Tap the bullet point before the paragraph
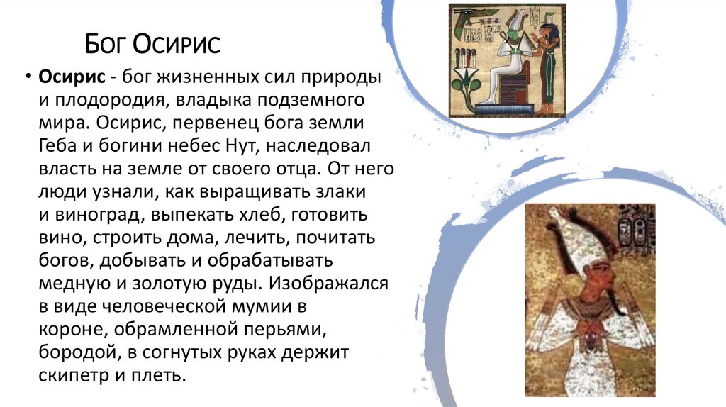click(x=28, y=76)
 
